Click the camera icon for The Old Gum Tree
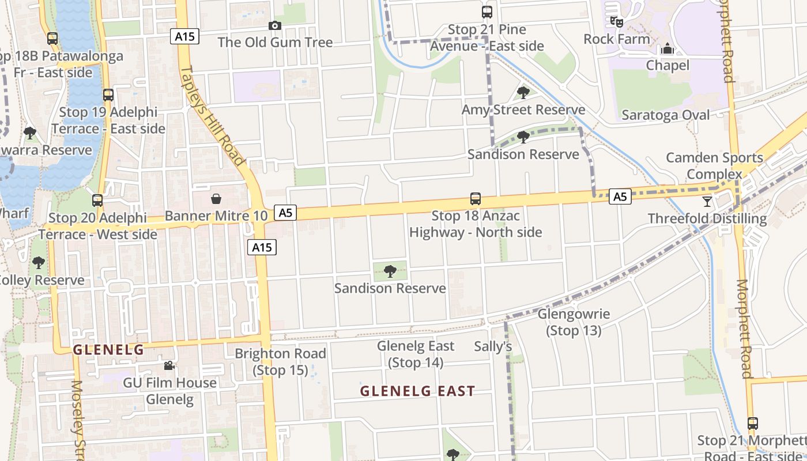pyautogui.click(x=275, y=25)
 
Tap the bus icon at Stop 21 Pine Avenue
pyautogui.click(x=487, y=12)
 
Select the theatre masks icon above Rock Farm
pyautogui.click(x=617, y=22)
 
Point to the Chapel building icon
pyautogui.click(x=668, y=48)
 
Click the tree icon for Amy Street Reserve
pyautogui.click(x=523, y=92)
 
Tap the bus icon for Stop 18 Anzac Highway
pyautogui.click(x=476, y=199)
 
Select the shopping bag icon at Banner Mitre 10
pyautogui.click(x=216, y=199)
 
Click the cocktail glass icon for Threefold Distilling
pyautogui.click(x=707, y=201)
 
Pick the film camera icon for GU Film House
pyautogui.click(x=169, y=366)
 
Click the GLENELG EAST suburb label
pyautogui.click(x=417, y=391)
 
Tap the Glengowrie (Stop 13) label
pyautogui.click(x=574, y=323)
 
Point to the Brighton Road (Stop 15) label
pyautogui.click(x=280, y=361)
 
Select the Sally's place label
pyautogui.click(x=493, y=346)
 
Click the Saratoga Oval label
pyautogui.click(x=666, y=115)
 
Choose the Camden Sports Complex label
pyautogui.click(x=714, y=166)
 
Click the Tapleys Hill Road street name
pyautogui.click(x=213, y=115)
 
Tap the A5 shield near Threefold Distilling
pyautogui.click(x=620, y=197)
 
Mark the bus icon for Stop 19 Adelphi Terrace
pyautogui.click(x=108, y=95)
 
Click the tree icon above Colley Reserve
pyautogui.click(x=39, y=263)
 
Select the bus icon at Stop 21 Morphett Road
pyautogui.click(x=752, y=424)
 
